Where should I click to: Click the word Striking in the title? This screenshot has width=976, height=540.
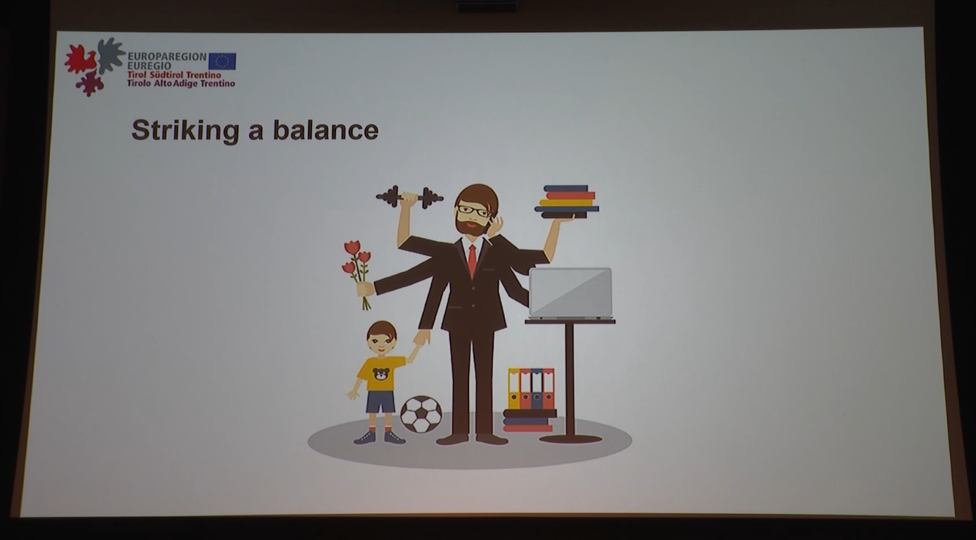click(186, 130)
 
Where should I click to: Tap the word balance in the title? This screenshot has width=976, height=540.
click(326, 129)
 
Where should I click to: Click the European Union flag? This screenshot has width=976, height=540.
click(222, 61)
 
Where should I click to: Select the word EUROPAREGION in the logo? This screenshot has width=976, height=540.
click(167, 57)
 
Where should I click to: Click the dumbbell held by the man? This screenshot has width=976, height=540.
click(409, 198)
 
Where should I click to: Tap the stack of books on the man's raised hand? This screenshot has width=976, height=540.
click(567, 201)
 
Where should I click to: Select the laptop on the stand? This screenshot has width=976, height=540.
click(570, 293)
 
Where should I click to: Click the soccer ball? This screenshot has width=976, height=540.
click(421, 414)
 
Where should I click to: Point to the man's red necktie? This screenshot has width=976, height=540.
click(473, 260)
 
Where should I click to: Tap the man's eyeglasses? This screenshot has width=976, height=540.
click(473, 212)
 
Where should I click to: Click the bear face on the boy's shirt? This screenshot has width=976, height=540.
click(382, 374)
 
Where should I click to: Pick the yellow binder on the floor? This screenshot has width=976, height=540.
click(514, 389)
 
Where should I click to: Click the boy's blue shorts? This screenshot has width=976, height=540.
click(380, 401)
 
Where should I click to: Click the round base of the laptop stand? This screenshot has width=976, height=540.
click(570, 439)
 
